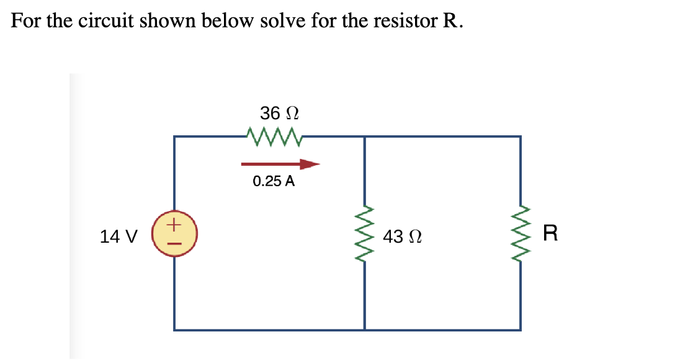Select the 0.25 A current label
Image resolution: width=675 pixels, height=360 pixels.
[274, 182]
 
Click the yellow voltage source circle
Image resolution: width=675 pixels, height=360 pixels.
[174, 235]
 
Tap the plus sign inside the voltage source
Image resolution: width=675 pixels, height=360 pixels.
[174, 222]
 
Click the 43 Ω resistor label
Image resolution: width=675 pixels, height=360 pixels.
[403, 236]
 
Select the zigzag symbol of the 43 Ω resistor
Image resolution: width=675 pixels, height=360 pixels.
[364, 234]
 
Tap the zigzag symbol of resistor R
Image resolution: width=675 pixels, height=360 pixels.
[521, 234]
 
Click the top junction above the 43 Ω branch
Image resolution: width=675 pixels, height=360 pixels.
[364, 137]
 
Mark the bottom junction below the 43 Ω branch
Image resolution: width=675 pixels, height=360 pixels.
[364, 330]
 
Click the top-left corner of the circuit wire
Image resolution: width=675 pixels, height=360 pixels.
[174, 137]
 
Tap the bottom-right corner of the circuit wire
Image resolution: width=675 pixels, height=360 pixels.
[521, 330]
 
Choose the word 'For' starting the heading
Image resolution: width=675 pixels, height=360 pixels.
[24, 21]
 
